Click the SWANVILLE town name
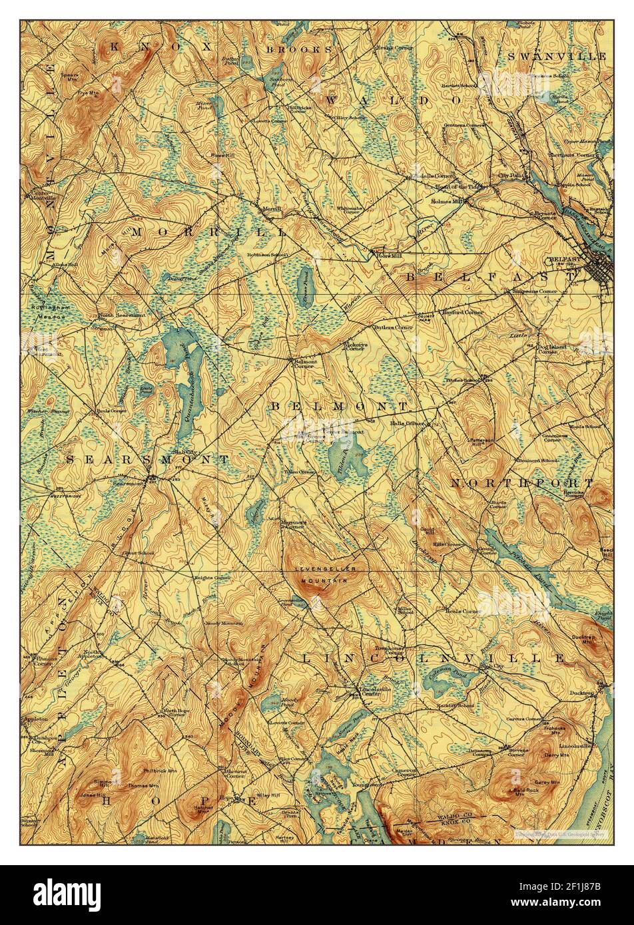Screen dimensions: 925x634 (557, 56)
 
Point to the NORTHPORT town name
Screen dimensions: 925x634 (521, 482)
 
